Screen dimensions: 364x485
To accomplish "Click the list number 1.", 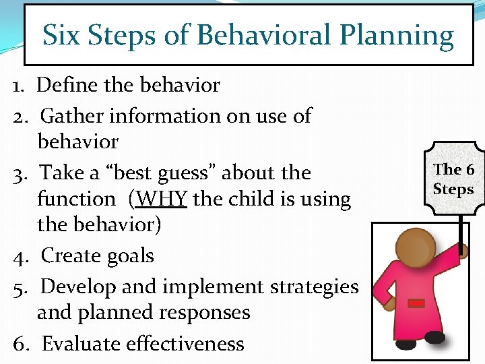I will click(x=18, y=86).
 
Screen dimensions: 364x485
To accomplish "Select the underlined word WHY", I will click(x=165, y=200).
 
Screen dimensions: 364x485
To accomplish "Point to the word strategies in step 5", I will click(x=314, y=287).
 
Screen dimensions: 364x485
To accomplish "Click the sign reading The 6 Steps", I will click(x=453, y=179).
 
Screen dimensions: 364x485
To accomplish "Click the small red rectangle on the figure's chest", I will click(x=417, y=303).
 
